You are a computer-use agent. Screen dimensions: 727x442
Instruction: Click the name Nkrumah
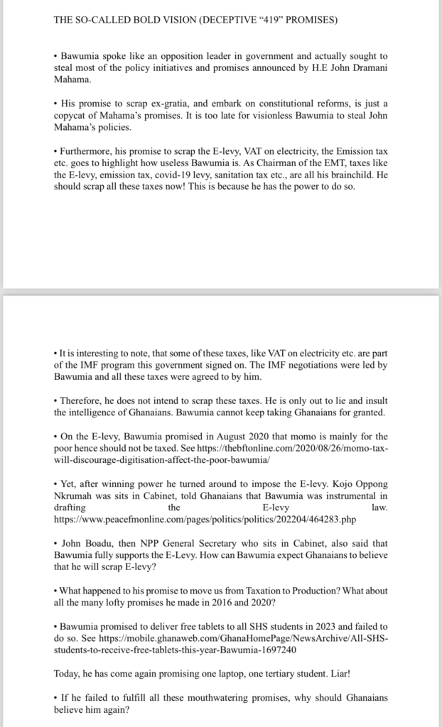[77, 496]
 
